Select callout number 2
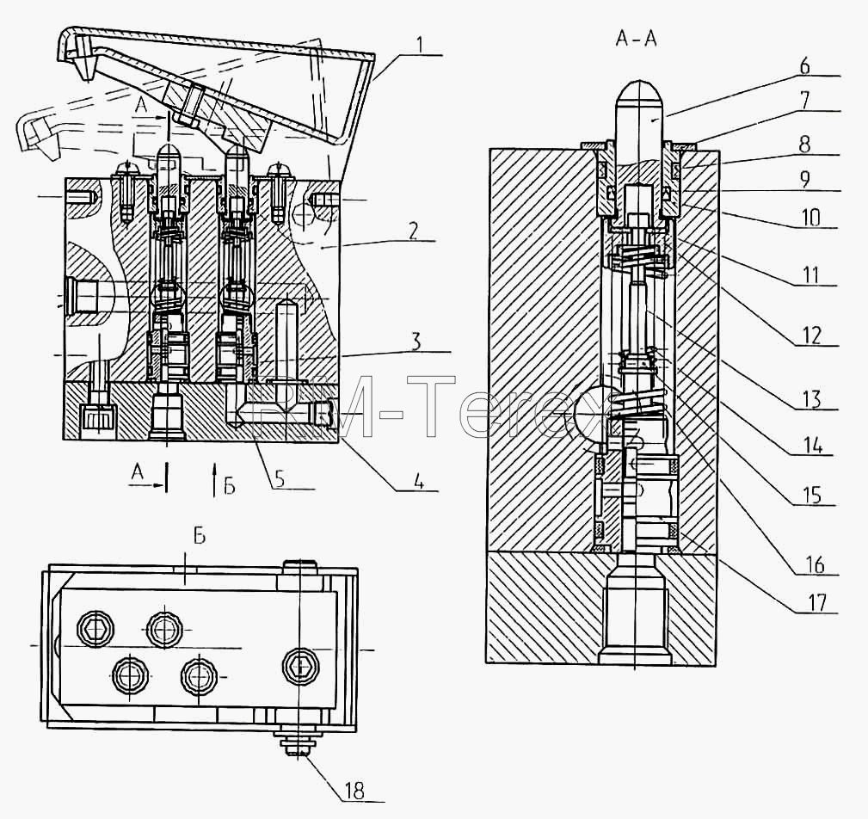pos(413,231)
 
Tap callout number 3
pos(416,342)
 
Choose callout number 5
pos(280,479)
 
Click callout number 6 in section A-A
pos(804,65)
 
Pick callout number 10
pos(811,218)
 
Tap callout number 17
pos(817,602)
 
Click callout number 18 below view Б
pos(354,791)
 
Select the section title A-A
pos(636,39)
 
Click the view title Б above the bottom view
pos(200,536)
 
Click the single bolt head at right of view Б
pos(301,665)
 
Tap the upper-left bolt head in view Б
pos(96,629)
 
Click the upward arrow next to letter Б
pos(213,480)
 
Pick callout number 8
pos(804,144)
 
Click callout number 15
pos(811,496)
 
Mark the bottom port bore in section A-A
pos(636,609)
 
